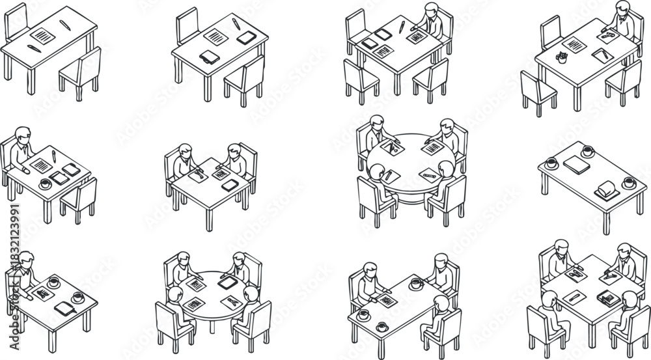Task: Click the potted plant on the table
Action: pos(562,57)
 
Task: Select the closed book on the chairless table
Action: pos(576,165)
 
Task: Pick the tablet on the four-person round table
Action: pos(225,283)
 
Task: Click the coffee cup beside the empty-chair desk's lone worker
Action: pos(45,184)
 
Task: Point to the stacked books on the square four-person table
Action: pos(609,298)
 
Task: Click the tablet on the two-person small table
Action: pos(229,186)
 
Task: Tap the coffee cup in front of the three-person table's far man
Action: pos(416,284)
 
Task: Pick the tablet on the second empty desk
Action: pos(245,38)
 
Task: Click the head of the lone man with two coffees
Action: pos(25,258)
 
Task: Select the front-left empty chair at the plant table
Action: pos(538,91)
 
